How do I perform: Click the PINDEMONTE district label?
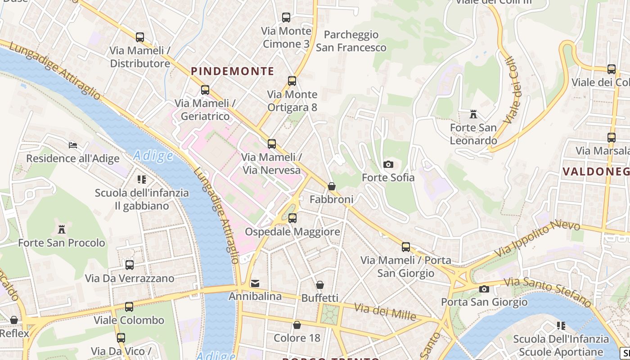coord(232,71)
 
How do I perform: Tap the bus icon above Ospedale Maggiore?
coord(292,218)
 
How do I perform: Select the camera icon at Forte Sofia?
coord(388,165)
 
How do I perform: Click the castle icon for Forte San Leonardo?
coord(473,114)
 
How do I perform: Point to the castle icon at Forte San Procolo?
coord(62,229)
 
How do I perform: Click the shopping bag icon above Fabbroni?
coord(332,186)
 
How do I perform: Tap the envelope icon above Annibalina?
coord(255,283)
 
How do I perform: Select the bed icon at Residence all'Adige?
coord(73,145)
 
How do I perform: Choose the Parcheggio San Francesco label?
coord(351,41)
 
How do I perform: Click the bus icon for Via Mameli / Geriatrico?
coord(205,90)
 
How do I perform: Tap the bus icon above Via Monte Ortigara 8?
coord(292,81)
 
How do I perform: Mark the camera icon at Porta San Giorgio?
coord(484,289)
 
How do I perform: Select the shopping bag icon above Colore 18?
coord(297,325)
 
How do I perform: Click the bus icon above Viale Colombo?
coord(129,307)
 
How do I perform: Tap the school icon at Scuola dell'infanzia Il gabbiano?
coord(142,180)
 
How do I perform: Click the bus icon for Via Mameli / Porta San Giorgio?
coord(406,247)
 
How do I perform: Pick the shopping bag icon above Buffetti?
coord(320,285)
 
